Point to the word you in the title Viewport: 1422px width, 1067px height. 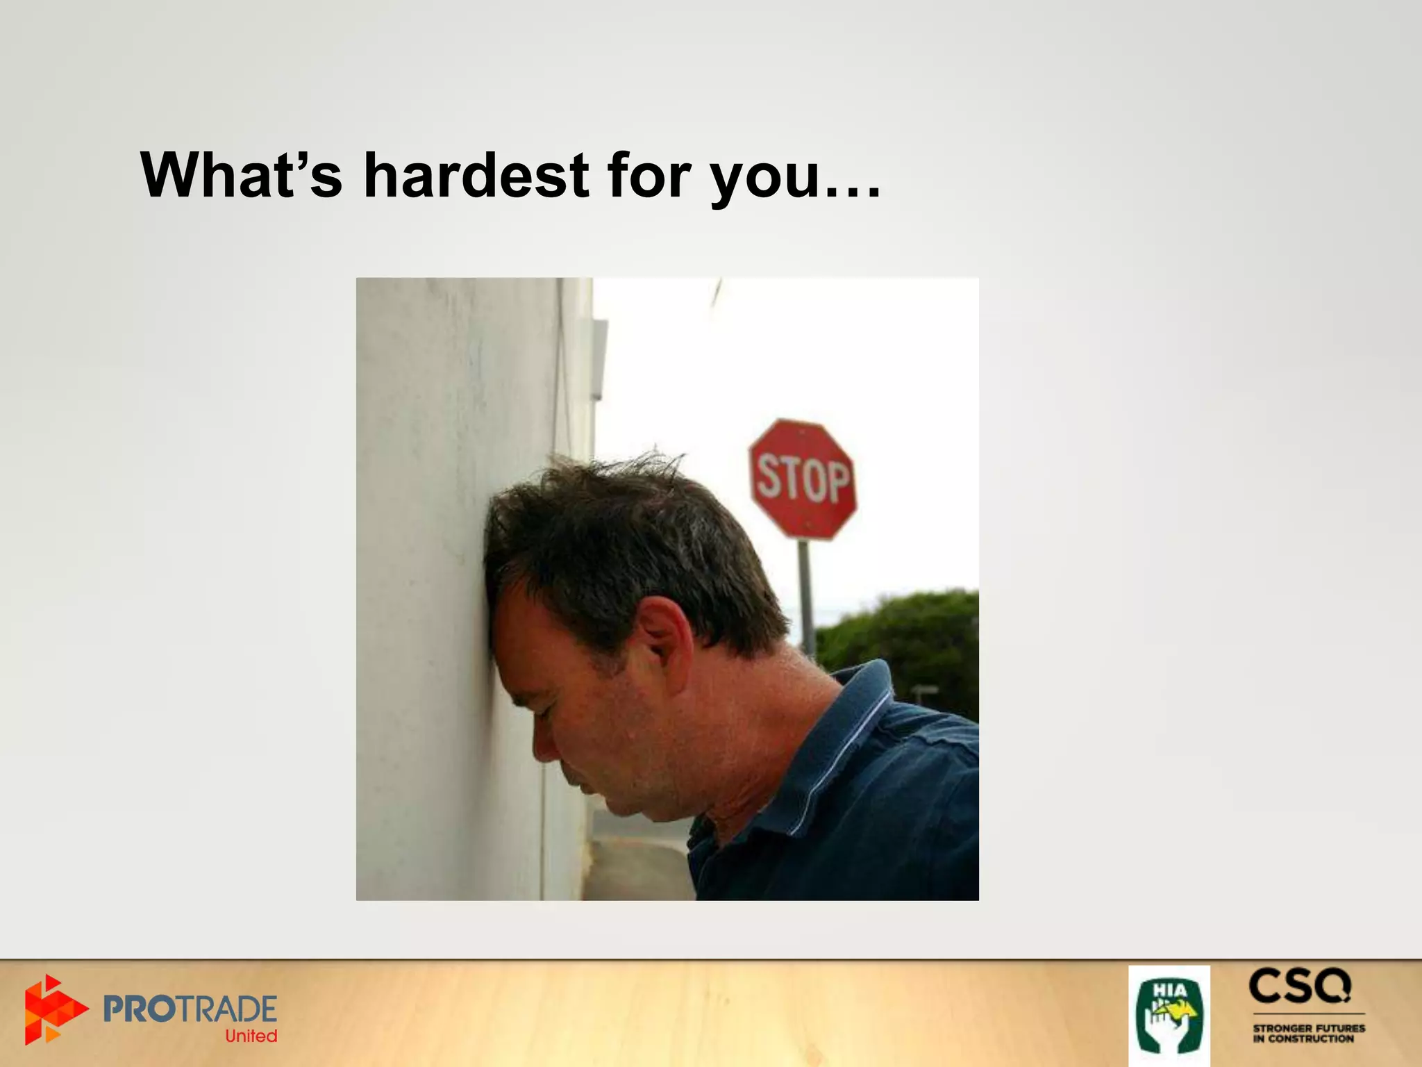(766, 179)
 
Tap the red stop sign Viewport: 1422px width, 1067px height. (803, 479)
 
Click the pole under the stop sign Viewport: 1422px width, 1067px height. (805, 597)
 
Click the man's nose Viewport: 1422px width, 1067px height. (545, 747)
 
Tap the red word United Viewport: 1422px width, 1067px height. (251, 1036)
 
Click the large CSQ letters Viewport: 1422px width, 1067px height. (1300, 986)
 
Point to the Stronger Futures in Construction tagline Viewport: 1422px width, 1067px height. (1308, 1033)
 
